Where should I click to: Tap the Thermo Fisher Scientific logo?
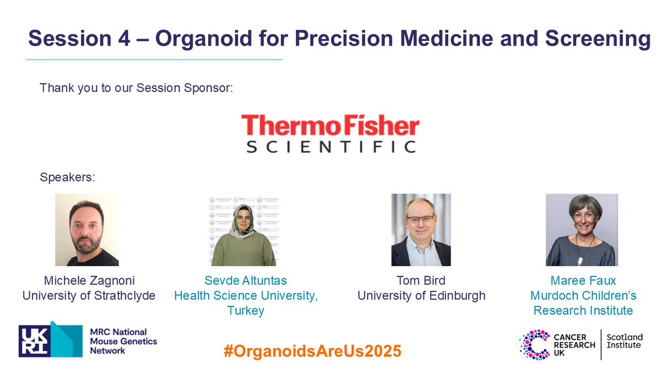(x=330, y=133)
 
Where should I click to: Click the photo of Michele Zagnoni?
(x=86, y=230)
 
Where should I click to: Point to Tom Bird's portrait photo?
(x=421, y=230)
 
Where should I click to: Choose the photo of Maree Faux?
(x=582, y=230)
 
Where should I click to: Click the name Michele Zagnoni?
(x=89, y=281)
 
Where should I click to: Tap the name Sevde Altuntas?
(x=246, y=281)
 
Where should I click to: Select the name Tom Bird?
(x=421, y=281)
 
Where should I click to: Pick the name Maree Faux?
(x=583, y=281)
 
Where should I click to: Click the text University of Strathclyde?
(x=89, y=296)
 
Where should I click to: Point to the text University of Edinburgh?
(x=421, y=296)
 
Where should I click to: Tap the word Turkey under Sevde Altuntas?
(x=246, y=311)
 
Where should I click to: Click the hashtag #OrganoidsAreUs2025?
(x=312, y=351)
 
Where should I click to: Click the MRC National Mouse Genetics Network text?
(x=123, y=341)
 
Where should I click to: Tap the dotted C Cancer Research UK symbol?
(x=534, y=344)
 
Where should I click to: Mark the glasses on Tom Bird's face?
(x=420, y=219)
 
